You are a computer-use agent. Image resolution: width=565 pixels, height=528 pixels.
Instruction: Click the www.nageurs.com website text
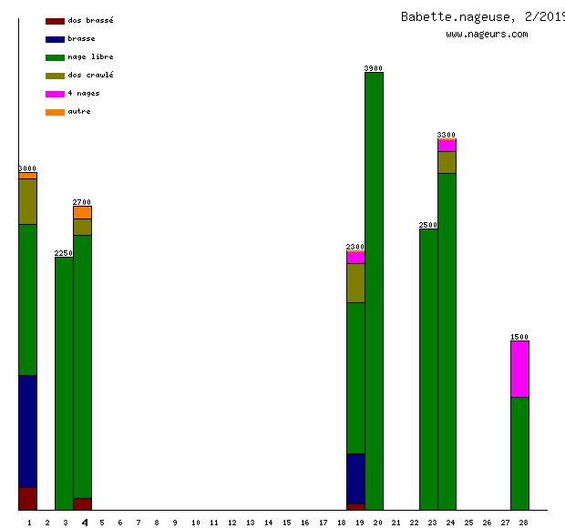pos(487,35)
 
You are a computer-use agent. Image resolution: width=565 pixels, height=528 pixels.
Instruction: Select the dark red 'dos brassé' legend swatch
pos(55,20)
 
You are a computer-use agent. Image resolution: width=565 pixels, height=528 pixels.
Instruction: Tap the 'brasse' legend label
pos(81,38)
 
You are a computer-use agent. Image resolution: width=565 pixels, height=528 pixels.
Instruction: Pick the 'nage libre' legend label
pos(90,56)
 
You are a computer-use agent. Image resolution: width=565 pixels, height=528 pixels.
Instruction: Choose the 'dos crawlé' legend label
pos(90,75)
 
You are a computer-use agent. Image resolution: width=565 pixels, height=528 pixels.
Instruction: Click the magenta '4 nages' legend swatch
pos(55,94)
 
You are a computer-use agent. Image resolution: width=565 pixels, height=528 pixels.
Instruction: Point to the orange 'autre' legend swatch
pos(55,112)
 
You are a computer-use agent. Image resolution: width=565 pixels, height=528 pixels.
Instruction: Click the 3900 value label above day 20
pos(374,68)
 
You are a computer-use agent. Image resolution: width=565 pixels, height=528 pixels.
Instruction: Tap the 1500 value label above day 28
pos(519,337)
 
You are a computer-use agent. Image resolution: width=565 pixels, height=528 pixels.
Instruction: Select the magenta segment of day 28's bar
pos(519,369)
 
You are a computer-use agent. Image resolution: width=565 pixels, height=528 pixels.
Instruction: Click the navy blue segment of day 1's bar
pos(28,431)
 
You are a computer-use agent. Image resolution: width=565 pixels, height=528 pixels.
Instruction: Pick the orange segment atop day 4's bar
pos(82,212)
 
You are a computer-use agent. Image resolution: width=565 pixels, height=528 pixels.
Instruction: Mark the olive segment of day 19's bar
pos(355,282)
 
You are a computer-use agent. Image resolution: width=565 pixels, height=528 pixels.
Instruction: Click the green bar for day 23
pos(428,369)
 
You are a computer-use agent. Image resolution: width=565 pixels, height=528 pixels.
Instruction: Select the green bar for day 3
pos(64,382)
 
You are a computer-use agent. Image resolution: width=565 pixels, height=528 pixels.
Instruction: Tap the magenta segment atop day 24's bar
pos(447,145)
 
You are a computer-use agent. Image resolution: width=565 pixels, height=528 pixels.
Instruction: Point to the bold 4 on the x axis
pos(85,523)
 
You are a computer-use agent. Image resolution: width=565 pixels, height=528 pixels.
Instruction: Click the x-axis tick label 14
pos(268,523)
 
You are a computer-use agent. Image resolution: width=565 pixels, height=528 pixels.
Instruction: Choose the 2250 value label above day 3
pos(64,253)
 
